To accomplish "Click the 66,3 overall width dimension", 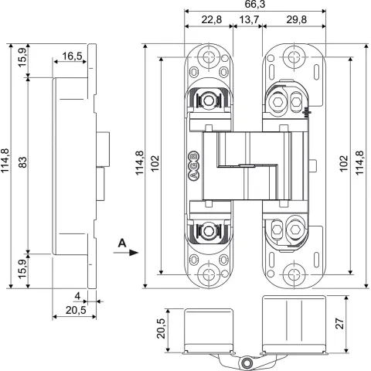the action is pos(255,4).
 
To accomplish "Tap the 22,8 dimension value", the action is pos(211,19).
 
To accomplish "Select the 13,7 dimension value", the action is pos(249,19).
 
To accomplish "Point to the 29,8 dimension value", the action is pos(297,19).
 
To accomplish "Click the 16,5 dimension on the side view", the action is pos(72,56).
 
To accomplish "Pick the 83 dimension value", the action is pos(23,162).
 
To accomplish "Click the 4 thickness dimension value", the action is pos(77,296).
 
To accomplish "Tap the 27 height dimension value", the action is pos(340,324).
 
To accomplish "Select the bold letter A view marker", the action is pos(122,243).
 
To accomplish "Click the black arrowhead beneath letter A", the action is pos(134,253).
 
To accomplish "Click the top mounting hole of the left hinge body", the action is pos(209,56).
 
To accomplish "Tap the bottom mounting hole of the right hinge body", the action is pos(294,274).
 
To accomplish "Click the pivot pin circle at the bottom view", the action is pos(247,363).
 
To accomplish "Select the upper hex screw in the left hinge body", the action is pos(208,100).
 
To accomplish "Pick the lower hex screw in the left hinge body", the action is pos(208,230).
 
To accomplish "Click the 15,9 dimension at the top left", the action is pos(22,58).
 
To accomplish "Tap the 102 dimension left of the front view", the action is pos(155,164).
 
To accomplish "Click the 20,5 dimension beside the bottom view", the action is pos(161,328).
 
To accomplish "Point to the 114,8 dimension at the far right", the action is pos(359,163).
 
